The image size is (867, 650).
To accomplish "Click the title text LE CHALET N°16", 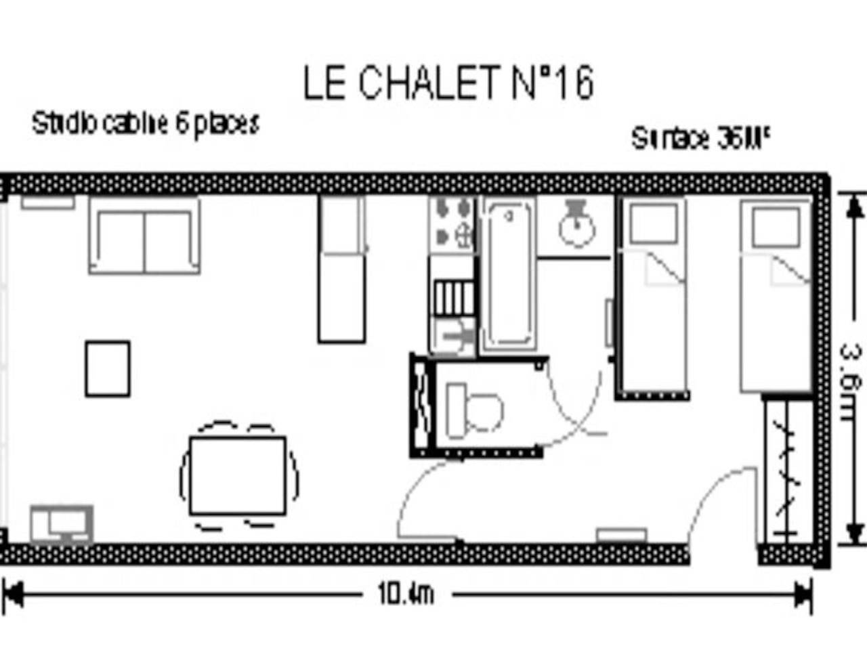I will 448,83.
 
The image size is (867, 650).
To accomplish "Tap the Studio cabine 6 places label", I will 145,123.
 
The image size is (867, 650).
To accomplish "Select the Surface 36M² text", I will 701,138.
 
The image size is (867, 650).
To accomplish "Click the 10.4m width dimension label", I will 405,595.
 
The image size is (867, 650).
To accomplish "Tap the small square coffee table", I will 108,368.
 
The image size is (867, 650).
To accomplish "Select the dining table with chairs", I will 238,476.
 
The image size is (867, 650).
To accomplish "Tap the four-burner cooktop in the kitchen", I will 452,222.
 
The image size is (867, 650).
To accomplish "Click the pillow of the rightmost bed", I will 776,227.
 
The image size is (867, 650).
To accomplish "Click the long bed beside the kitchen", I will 341,269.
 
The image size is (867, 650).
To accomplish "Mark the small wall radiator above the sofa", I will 47,202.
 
